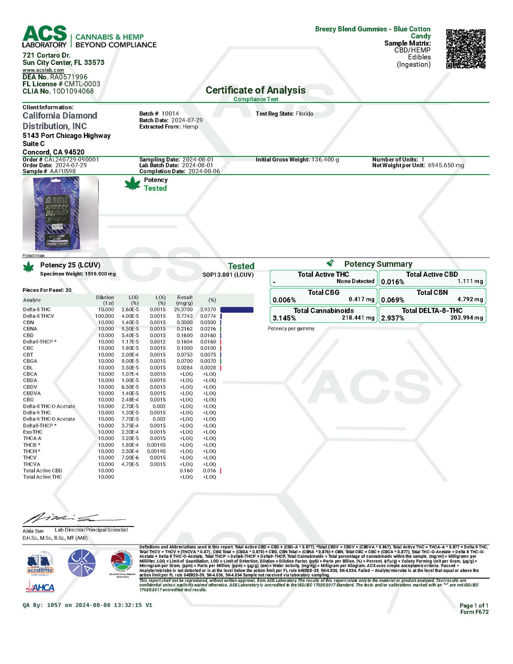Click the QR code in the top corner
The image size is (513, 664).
[465, 49]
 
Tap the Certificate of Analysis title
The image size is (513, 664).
[256, 90]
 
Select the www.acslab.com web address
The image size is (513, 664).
[43, 70]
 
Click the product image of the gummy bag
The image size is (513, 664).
[60, 214]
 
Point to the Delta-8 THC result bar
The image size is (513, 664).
[237, 310]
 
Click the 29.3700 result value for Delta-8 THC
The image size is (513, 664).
[185, 310]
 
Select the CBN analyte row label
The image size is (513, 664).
[28, 322]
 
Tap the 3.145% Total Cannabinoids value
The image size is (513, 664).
[284, 318]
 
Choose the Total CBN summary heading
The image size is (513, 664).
[432, 293]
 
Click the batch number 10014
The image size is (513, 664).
[170, 114]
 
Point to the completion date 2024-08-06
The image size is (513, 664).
[204, 171]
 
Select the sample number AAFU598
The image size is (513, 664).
[63, 171]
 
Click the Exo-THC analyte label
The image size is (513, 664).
[33, 432]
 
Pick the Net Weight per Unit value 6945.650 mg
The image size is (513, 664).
[446, 165]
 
